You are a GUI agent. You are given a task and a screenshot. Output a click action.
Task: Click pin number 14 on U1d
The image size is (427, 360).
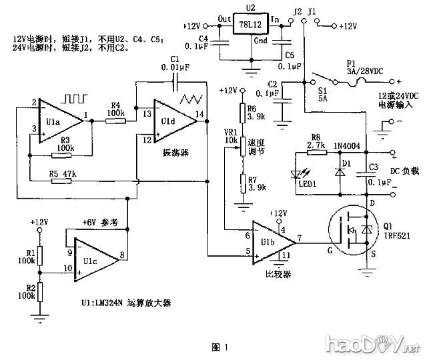click(x=199, y=115)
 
